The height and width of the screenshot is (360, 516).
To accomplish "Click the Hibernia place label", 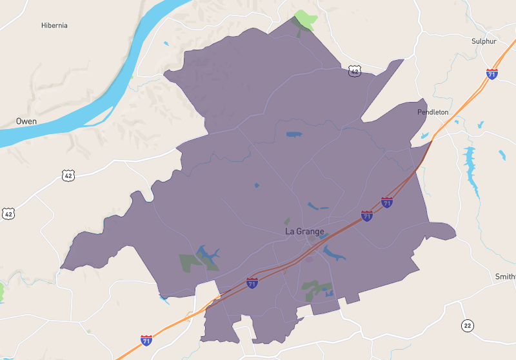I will [x=54, y=26].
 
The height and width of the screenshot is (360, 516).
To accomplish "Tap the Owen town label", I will [x=26, y=121].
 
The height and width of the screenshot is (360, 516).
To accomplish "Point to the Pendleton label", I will [x=433, y=112].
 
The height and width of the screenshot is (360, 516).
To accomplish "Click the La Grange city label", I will [x=304, y=232].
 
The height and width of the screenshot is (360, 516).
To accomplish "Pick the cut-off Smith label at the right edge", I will [x=505, y=277].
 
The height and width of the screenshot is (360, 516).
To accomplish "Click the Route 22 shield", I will [x=468, y=325].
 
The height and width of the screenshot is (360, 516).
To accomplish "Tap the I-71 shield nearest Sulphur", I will [x=492, y=74].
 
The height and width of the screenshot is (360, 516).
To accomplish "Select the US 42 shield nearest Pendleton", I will [x=354, y=72].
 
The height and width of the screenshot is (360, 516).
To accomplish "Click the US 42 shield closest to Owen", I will [x=69, y=175].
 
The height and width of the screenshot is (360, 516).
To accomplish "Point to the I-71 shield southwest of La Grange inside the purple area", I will [x=252, y=283].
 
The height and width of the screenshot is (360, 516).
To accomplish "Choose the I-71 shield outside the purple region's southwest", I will [x=146, y=339].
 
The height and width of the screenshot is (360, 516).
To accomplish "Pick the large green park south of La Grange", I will [x=315, y=290].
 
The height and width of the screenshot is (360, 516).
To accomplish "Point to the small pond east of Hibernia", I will [x=166, y=44].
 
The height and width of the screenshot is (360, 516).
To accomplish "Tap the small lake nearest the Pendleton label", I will [x=424, y=136].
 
